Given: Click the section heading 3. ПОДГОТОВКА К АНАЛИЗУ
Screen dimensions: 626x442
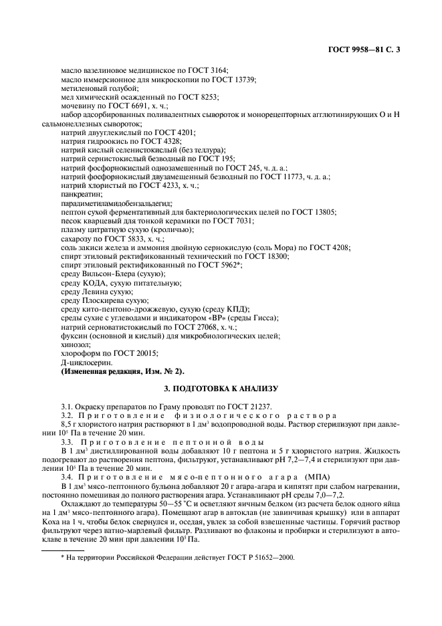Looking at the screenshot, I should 221,388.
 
